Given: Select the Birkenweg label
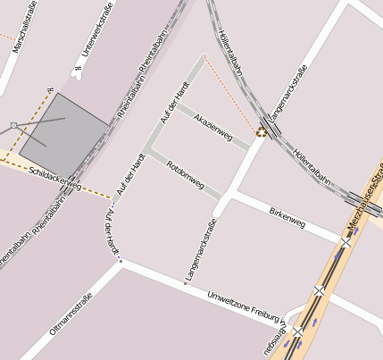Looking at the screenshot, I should pos(287,213).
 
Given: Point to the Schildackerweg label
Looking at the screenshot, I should pos(54,178).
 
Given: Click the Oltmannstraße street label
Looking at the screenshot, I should pos(71,311).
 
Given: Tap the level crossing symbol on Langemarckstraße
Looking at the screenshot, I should pos(262,131).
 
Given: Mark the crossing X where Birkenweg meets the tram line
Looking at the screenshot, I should pos(346,241).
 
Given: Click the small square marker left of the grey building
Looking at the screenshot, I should pos(13,124).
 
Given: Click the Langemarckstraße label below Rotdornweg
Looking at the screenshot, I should pos(200,250).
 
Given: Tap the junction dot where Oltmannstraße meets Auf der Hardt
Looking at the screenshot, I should pos(121,262).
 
